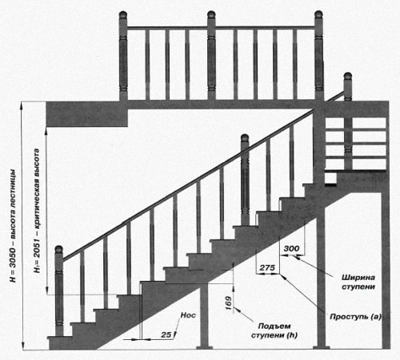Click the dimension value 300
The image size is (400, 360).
291,249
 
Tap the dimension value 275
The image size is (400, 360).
267,267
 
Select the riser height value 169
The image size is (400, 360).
229,303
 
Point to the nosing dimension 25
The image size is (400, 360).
166,334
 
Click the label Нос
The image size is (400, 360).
188,315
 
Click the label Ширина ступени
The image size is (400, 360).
358,282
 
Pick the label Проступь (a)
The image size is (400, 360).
356,317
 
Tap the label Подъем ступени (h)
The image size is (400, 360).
274,330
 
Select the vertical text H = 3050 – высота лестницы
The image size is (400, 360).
13,226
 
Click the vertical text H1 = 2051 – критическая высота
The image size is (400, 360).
37,210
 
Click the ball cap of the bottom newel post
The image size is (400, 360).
59,250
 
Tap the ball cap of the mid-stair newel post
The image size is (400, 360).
245,138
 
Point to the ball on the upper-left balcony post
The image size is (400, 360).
123,15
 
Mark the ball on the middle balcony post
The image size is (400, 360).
211,15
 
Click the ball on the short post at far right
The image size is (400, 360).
347,76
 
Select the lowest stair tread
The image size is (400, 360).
59,338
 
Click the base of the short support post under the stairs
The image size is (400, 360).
204,347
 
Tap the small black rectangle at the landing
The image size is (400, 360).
330,185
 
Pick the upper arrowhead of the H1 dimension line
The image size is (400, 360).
46,130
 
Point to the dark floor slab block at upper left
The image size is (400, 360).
87,114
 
